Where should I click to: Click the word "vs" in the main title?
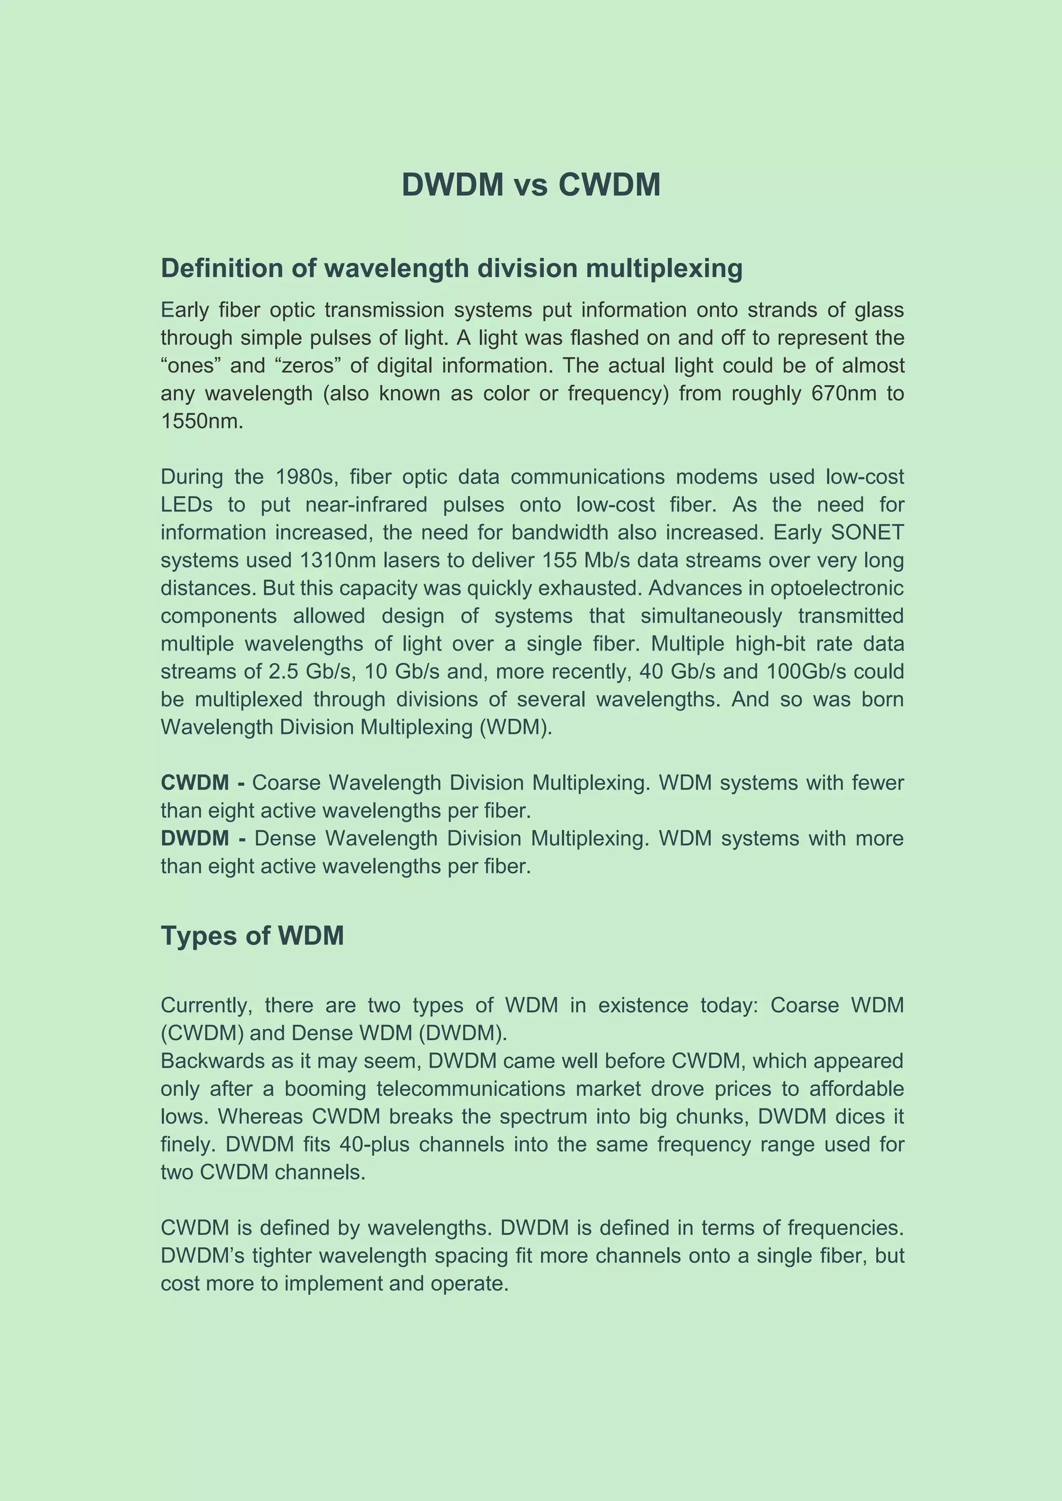(x=530, y=185)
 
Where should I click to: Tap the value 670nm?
(x=844, y=393)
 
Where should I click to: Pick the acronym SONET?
(x=867, y=532)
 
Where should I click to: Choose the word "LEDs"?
(x=186, y=505)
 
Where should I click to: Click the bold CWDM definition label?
(x=195, y=783)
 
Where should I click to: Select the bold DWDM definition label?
(x=195, y=838)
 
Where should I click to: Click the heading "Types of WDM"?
(x=252, y=936)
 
